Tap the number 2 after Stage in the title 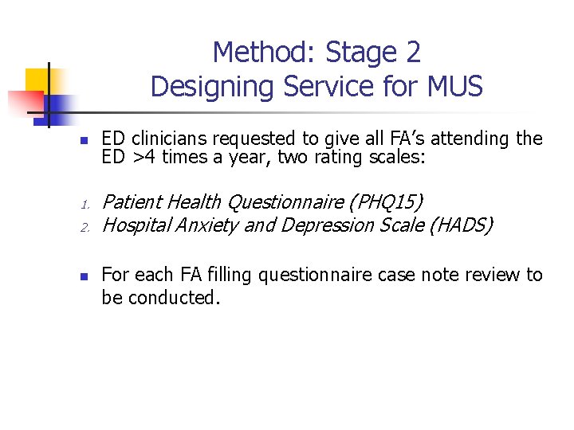(411, 53)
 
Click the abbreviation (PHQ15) (386, 202)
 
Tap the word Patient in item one (132, 202)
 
